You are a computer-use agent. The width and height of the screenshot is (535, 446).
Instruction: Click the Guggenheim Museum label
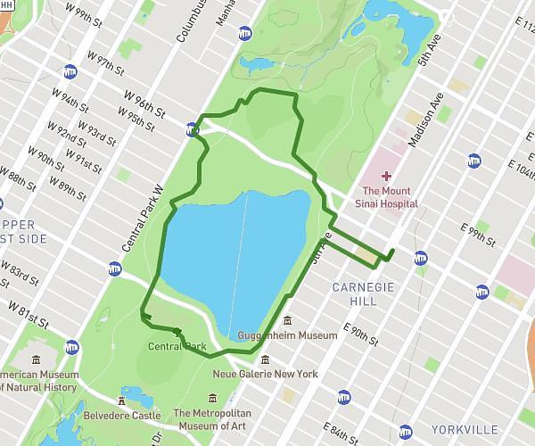[x=288, y=335]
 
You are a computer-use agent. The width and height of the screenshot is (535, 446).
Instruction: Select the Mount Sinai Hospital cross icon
[x=385, y=177]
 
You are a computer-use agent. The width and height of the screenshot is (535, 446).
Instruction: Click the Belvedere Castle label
[x=122, y=416]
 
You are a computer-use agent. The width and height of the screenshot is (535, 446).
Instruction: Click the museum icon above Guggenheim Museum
[x=288, y=320]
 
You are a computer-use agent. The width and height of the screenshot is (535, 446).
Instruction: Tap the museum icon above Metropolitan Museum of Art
[x=212, y=398]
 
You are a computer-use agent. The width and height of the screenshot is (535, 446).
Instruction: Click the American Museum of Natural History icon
[x=36, y=359]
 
